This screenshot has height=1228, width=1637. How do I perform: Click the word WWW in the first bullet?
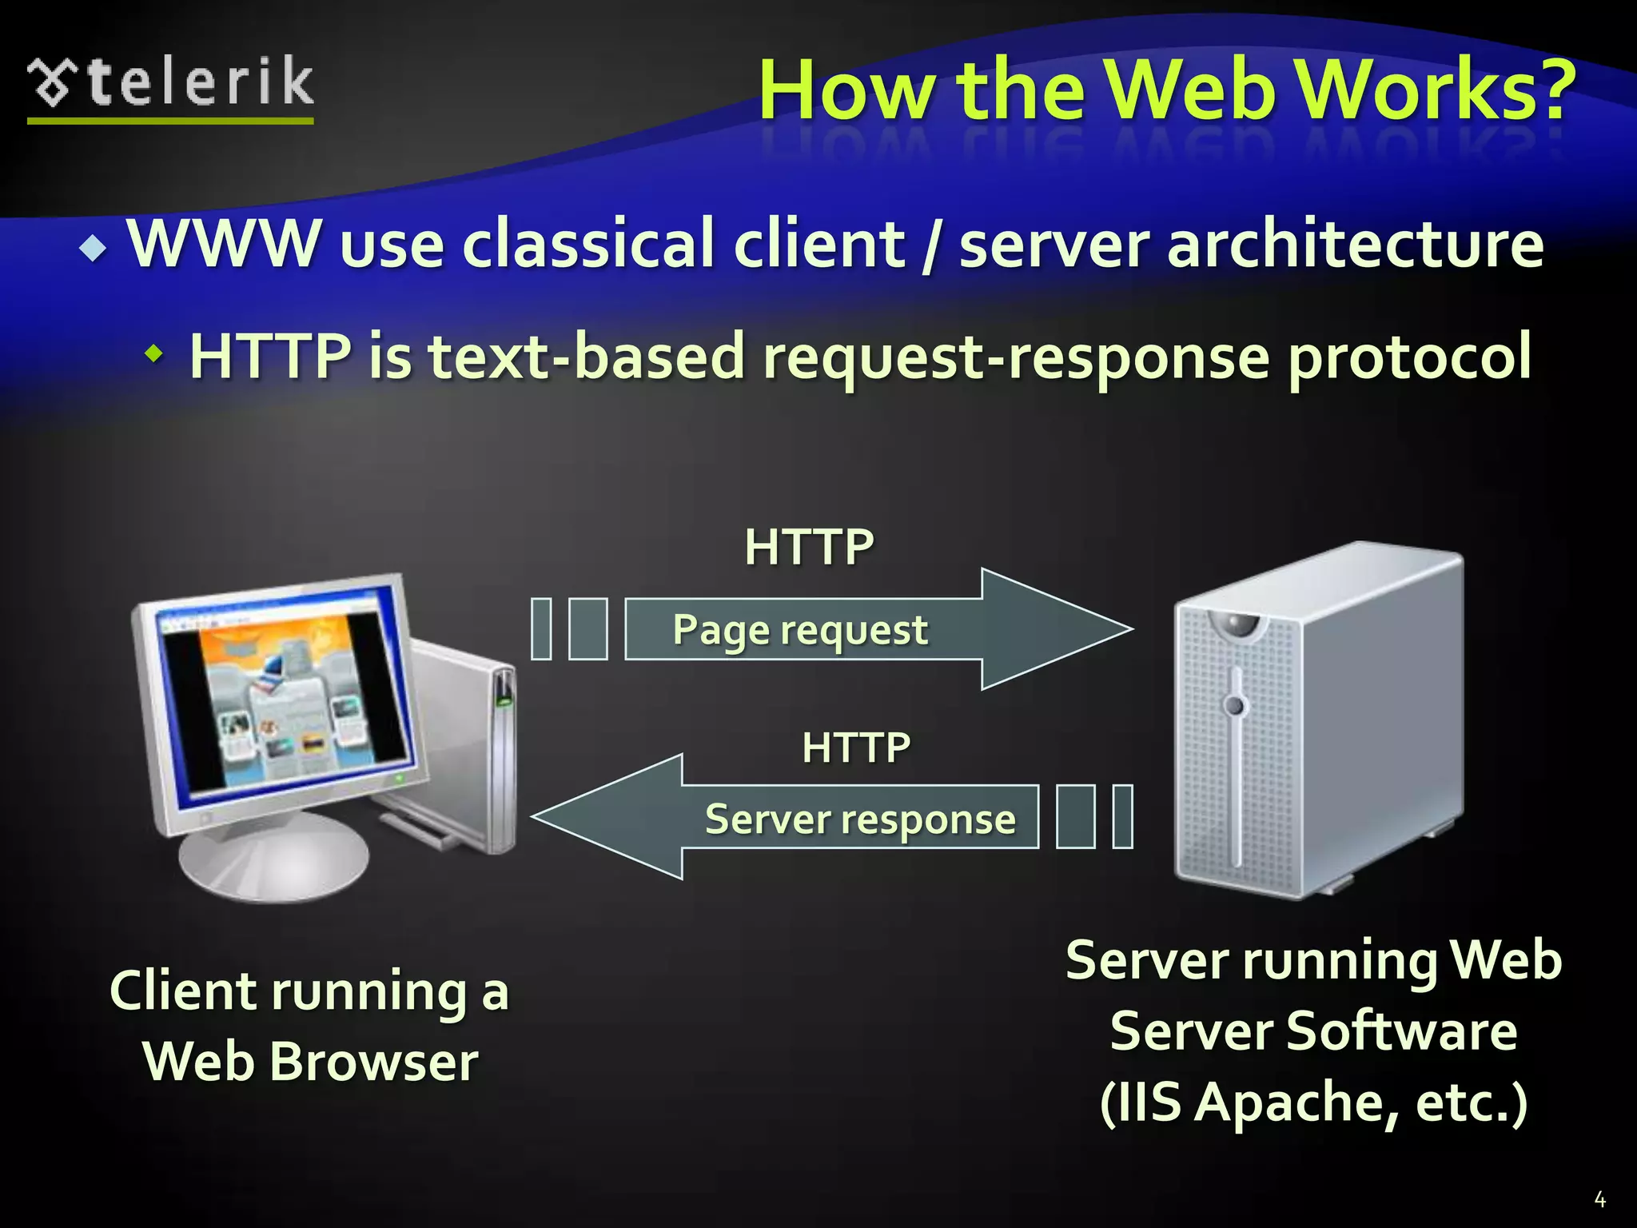[223, 243]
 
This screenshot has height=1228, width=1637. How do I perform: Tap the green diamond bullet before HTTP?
[153, 353]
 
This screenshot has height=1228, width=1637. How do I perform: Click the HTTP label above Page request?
[809, 548]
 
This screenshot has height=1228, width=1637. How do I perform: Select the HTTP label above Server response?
[856, 748]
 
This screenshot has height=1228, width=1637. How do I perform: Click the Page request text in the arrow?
[800, 630]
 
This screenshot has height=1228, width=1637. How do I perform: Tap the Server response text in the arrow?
[860, 819]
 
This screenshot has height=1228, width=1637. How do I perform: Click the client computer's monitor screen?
[288, 696]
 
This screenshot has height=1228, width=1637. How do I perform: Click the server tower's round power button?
[1236, 705]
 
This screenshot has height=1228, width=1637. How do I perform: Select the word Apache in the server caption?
[1299, 1102]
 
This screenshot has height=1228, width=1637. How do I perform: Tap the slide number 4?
[1599, 1199]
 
